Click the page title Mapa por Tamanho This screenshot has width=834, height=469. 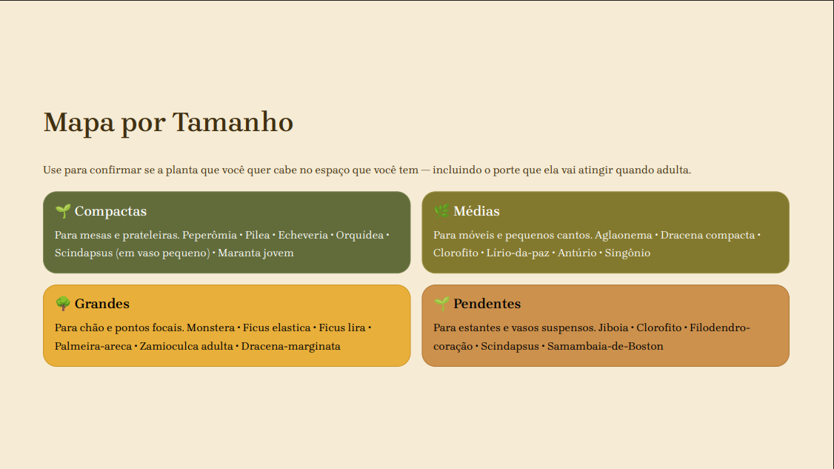tap(168, 122)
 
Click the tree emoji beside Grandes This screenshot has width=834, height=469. tap(63, 304)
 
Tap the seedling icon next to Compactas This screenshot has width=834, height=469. tap(63, 211)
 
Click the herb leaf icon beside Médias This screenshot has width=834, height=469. tap(441, 211)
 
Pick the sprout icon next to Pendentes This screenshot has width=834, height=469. tap(441, 304)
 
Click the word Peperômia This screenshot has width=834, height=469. tap(210, 236)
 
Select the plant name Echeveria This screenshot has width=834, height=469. tap(303, 236)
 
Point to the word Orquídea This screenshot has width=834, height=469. tap(359, 236)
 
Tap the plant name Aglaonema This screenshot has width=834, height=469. tap(624, 236)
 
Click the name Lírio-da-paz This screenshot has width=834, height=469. tap(518, 253)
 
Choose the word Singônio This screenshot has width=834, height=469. tap(627, 253)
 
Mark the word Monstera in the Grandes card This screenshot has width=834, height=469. tap(210, 328)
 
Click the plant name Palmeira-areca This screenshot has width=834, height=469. tap(93, 347)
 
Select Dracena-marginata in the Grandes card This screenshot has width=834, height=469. tap(291, 347)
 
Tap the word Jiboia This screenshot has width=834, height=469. tap(613, 328)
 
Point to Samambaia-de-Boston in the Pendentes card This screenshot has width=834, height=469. tap(605, 347)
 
